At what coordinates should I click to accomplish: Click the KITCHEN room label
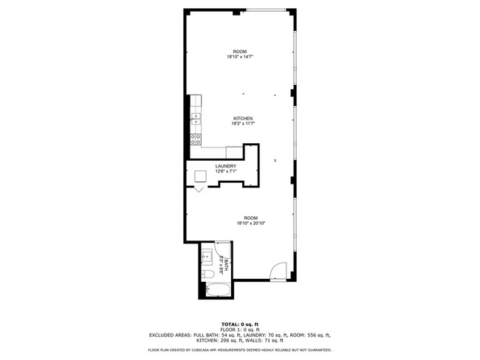243,119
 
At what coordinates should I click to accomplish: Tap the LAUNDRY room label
226,166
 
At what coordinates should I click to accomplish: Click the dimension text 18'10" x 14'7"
241,57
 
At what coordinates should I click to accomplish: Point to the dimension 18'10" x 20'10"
251,223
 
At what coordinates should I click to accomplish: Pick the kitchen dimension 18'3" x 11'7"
243,124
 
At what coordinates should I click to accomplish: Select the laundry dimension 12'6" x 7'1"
226,171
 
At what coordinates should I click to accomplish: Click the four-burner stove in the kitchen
196,138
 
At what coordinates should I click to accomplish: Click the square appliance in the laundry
201,176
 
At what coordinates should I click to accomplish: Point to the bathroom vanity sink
208,258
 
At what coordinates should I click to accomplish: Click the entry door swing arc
276,271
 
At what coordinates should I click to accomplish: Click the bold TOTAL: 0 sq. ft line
240,324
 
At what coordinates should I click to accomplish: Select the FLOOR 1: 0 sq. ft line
240,329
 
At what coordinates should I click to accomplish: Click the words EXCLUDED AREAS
168,334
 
